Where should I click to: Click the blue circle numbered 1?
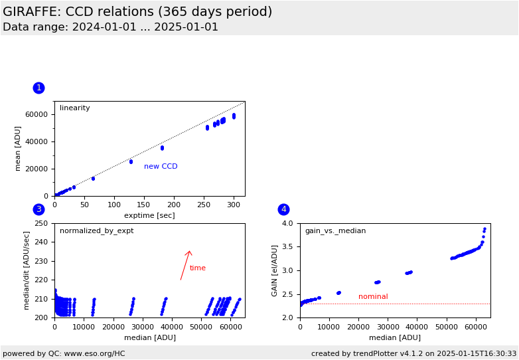tap(38, 88)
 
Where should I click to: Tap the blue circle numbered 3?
tap(38, 209)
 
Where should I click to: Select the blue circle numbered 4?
tap(283, 209)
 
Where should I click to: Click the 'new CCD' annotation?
tap(161, 167)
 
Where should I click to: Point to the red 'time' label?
tap(198, 268)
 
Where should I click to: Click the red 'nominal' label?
tap(373, 297)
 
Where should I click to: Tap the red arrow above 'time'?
tap(186, 264)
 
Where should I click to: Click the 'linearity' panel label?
tap(75, 108)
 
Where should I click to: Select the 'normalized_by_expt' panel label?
tap(96, 231)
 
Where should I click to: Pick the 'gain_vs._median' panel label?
tap(335, 231)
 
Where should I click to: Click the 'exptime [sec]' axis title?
tap(149, 215)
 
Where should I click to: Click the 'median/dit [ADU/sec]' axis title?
tap(28, 270)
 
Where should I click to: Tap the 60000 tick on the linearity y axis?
tap(37, 114)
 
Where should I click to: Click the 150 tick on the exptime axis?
tap(144, 205)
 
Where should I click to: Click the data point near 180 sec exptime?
tap(162, 147)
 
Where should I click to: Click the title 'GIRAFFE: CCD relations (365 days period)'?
tap(137, 12)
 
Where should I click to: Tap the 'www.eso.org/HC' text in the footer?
tap(95, 354)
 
